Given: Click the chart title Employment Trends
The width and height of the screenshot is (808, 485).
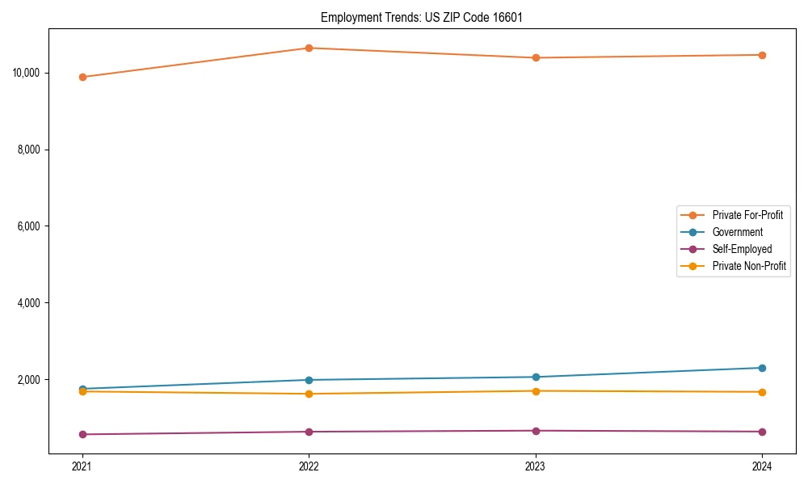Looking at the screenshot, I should [422, 17].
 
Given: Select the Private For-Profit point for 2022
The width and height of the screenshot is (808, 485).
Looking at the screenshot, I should [309, 48].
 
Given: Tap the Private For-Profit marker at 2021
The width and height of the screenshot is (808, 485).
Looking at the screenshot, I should [82, 77].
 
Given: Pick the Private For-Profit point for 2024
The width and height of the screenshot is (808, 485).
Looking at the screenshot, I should [762, 55].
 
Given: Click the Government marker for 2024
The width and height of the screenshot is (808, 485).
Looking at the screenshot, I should [762, 368].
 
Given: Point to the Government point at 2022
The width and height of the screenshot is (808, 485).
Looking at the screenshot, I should [309, 380].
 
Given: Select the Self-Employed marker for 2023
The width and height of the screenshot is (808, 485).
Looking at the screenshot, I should [536, 431].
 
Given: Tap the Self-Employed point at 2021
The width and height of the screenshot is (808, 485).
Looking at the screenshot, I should [82, 434].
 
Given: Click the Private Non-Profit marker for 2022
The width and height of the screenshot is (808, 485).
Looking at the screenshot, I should [309, 394].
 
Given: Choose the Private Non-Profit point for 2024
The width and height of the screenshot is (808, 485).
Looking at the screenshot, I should [762, 392].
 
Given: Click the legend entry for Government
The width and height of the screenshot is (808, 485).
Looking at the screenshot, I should [737, 232].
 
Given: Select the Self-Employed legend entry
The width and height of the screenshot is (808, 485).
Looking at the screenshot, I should [742, 249].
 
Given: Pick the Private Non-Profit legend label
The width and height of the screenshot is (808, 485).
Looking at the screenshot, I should [749, 266].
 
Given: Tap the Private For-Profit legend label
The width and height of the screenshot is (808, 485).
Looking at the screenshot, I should [747, 215].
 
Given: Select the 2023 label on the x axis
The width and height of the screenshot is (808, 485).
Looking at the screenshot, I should [536, 466].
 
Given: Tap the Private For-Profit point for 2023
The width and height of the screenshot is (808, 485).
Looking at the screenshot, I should [536, 57].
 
